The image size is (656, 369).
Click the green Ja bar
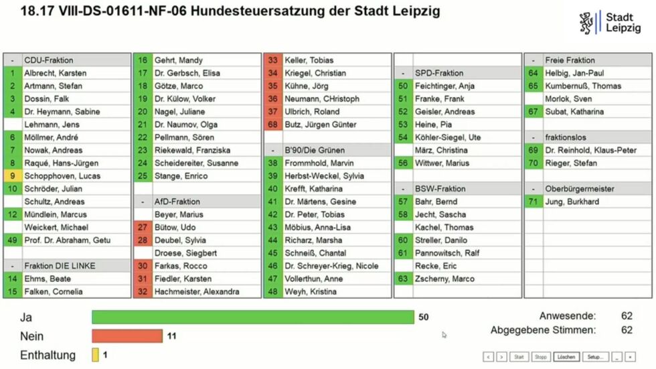252,317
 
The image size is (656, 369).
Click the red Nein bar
127,336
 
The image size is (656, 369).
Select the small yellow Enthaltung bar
95,355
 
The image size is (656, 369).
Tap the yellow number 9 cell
12,176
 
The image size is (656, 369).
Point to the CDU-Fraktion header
49,60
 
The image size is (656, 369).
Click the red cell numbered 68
272,125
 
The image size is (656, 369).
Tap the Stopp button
541,357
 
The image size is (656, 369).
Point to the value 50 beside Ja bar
423,317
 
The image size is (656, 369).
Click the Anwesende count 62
626,316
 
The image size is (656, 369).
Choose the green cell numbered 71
533,202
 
